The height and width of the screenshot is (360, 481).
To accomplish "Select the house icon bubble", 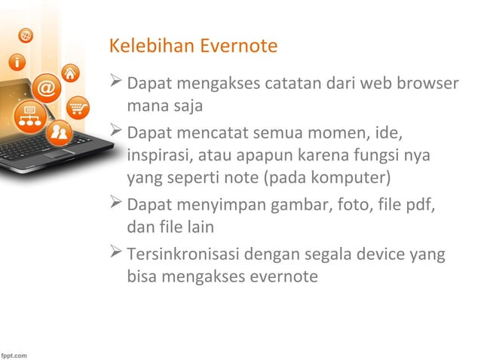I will pyautogui.click(x=71, y=73).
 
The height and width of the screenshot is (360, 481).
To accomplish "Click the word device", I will pyautogui.click(x=381, y=254).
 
